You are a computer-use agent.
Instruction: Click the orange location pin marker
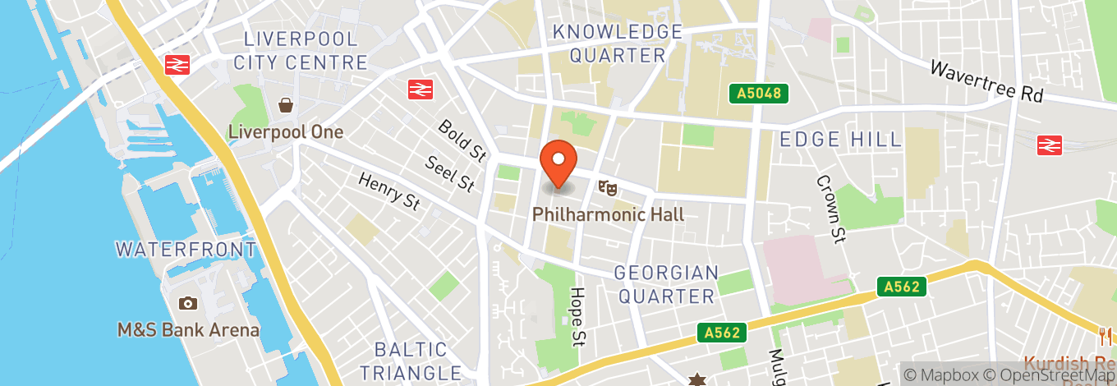pyautogui.click(x=558, y=163)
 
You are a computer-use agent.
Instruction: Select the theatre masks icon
pyautogui.click(x=608, y=189)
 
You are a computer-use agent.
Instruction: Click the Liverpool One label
pyautogui.click(x=285, y=131)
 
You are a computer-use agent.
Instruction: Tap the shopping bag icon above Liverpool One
pyautogui.click(x=286, y=105)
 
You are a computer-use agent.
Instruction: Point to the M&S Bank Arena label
pyautogui.click(x=188, y=330)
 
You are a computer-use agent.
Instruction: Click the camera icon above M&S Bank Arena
pyautogui.click(x=188, y=304)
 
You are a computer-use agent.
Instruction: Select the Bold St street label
pyautogui.click(x=462, y=140)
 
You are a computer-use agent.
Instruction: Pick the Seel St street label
pyautogui.click(x=450, y=173)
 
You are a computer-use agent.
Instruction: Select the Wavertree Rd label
pyautogui.click(x=986, y=82)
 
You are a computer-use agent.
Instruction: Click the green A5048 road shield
pyautogui.click(x=759, y=94)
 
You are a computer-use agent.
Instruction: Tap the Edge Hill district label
pyautogui.click(x=841, y=139)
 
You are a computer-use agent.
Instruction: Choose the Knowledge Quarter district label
pyautogui.click(x=618, y=44)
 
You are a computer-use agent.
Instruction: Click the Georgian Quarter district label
pyautogui.click(x=666, y=284)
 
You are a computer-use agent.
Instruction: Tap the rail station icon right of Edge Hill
pyautogui.click(x=1050, y=145)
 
